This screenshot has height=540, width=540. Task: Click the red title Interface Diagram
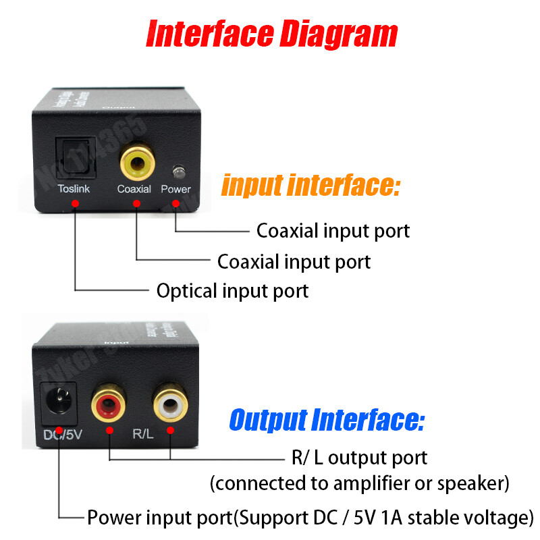271,33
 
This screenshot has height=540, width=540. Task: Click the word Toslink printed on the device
74,189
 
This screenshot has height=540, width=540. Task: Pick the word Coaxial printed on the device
134,189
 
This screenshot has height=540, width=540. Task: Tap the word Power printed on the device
175,189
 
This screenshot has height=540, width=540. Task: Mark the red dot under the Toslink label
75,203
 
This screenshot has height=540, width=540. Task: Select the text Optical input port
232,291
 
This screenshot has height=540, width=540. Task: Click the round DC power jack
59,401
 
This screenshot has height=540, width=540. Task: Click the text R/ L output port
359,458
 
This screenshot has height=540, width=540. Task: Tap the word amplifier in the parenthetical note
377,484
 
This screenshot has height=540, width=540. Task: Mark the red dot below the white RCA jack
169,430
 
